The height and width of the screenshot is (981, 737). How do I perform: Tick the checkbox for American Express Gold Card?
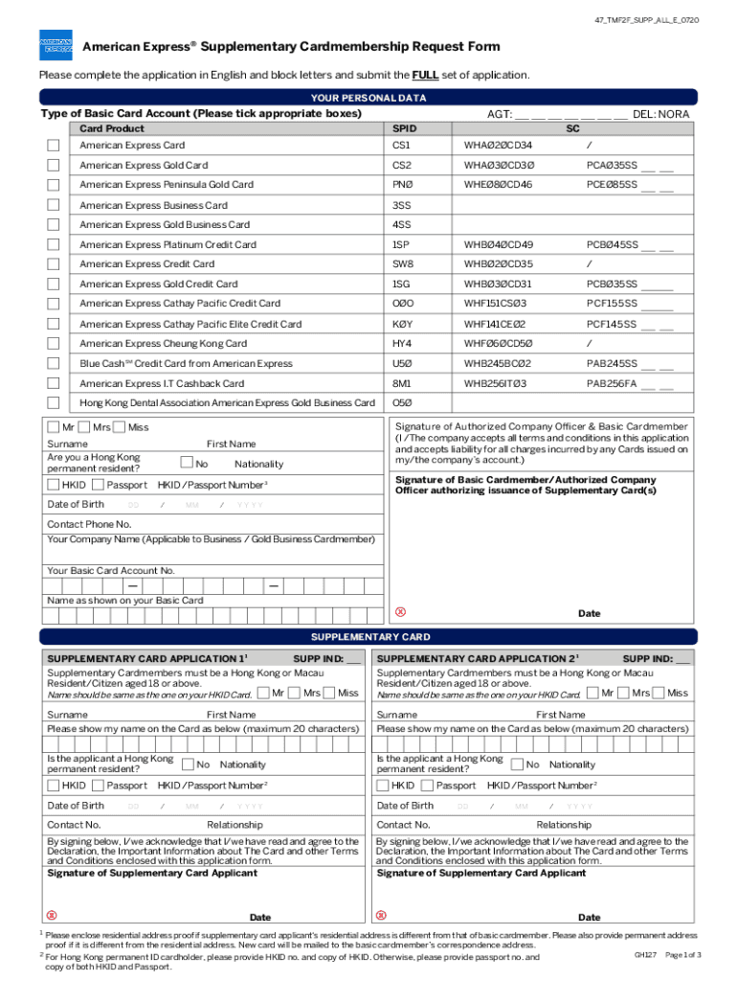click(x=54, y=165)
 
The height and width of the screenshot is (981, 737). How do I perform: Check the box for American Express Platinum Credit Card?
click(x=54, y=244)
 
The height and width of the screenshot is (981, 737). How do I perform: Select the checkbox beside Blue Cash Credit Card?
click(x=54, y=363)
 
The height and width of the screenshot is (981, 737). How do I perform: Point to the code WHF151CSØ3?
click(x=495, y=304)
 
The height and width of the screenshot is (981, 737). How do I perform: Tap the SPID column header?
click(x=404, y=128)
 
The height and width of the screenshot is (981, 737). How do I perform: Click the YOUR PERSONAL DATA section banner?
click(x=368, y=98)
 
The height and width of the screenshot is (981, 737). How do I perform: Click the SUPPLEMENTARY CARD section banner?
click(x=368, y=637)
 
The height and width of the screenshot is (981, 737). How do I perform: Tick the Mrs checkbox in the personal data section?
click(x=84, y=426)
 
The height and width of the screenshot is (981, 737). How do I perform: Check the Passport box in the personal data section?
click(x=96, y=485)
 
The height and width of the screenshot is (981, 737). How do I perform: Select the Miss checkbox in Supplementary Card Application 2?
click(x=659, y=693)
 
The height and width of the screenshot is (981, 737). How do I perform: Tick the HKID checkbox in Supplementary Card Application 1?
click(x=54, y=786)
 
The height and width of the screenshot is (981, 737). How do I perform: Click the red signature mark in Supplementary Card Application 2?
click(x=381, y=915)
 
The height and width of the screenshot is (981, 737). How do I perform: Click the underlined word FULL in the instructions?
click(x=426, y=76)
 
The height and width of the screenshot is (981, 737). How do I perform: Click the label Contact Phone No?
click(x=89, y=524)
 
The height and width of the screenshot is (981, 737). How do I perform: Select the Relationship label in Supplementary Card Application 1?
click(x=234, y=825)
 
